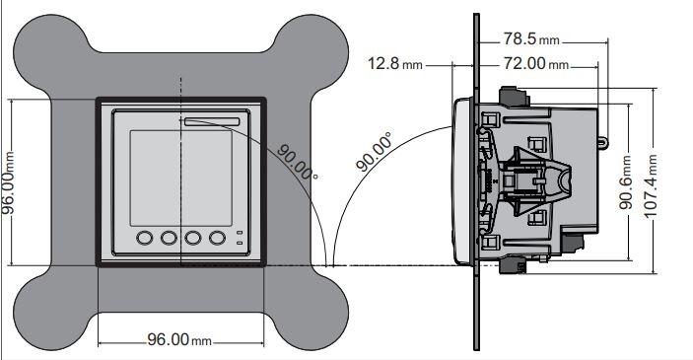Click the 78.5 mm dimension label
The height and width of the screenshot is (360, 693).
tap(531, 39)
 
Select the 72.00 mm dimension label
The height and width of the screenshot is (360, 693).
tap(536, 64)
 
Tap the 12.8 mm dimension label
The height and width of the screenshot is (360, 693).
tap(395, 64)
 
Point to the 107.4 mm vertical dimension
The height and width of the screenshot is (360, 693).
tap(651, 184)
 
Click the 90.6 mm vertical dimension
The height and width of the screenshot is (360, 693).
tap(626, 181)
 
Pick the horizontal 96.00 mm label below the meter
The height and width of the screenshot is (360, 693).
tap(179, 339)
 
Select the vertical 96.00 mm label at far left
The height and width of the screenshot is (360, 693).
tap(8, 181)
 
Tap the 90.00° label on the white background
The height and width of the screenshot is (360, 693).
tap(375, 151)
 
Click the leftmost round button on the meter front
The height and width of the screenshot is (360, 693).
tap(145, 238)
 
